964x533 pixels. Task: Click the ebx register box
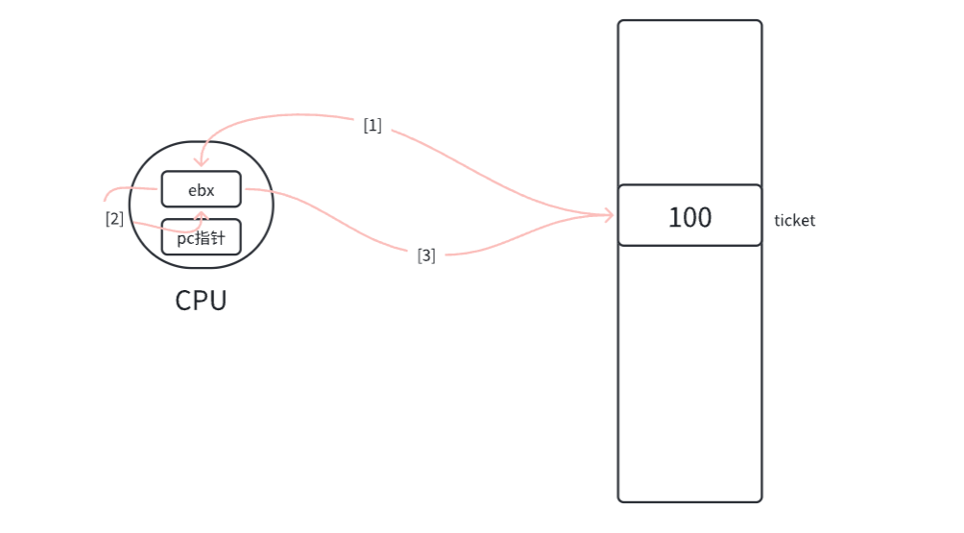click(201, 189)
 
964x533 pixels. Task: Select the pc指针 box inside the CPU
click(201, 237)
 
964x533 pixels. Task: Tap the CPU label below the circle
click(201, 301)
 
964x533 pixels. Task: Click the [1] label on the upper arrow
click(373, 125)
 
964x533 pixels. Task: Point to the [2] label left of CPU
click(114, 218)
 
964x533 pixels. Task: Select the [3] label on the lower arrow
click(426, 255)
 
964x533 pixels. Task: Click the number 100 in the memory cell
click(689, 217)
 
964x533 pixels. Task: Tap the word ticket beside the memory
click(794, 221)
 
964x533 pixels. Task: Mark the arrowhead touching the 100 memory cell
click(609, 215)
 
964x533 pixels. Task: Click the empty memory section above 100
click(689, 102)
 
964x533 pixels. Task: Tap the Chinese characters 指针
click(210, 238)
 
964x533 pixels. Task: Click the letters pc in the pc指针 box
click(184, 238)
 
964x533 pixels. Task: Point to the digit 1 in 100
click(674, 217)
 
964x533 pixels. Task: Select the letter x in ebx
click(209, 190)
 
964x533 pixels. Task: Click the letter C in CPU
click(184, 301)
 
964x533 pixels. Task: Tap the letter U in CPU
click(217, 301)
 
